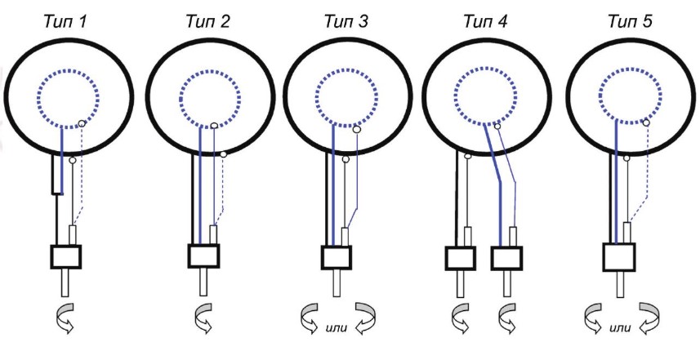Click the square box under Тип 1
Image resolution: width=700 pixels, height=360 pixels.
point(65,257)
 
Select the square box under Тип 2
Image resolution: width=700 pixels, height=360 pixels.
point(203,256)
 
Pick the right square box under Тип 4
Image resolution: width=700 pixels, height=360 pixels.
point(506,260)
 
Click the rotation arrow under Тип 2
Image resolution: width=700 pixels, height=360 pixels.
point(202,319)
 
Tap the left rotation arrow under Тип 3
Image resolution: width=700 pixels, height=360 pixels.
point(311,318)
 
